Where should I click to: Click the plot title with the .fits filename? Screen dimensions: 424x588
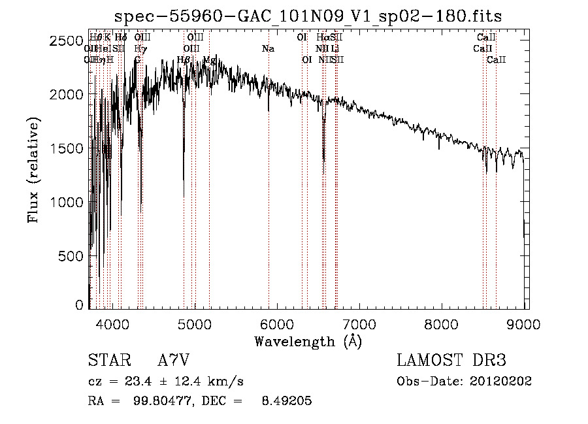(x=308, y=16)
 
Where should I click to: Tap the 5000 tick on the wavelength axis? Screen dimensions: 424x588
(x=195, y=323)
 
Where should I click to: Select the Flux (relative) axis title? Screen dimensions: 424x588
(x=34, y=170)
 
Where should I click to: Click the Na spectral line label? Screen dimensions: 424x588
(x=268, y=49)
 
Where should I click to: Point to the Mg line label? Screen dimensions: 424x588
(x=208, y=60)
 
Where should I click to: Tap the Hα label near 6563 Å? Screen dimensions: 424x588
(x=323, y=38)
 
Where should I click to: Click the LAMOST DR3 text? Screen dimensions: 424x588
(x=451, y=361)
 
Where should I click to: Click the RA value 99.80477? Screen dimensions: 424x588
(x=157, y=401)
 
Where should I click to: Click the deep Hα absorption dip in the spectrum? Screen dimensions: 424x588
(x=323, y=154)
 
